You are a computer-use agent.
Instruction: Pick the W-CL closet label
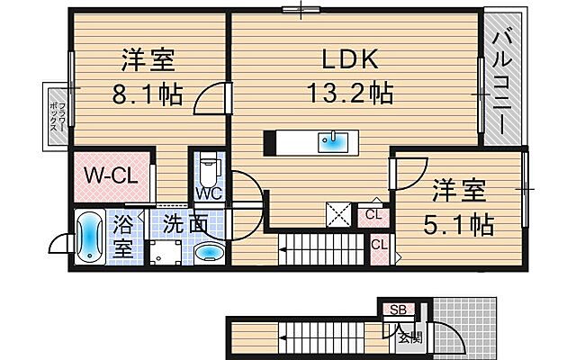(112, 176)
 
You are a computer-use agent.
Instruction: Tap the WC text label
(209, 193)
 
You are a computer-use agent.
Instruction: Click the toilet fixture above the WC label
(209, 168)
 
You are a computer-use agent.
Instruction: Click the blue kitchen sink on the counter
(332, 140)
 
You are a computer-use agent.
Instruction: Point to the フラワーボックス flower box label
(54, 113)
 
